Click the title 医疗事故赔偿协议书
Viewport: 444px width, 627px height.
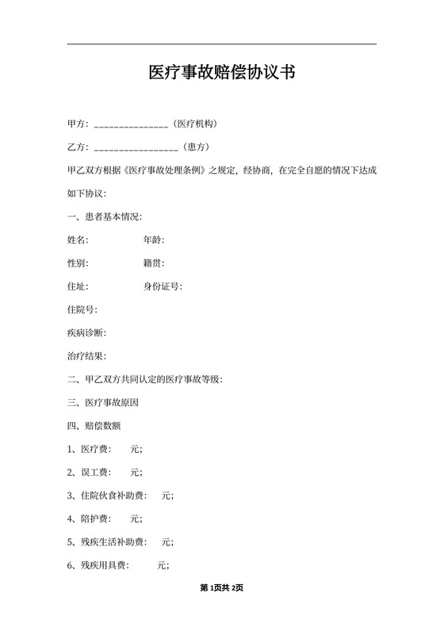point(222,74)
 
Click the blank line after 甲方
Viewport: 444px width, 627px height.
point(131,125)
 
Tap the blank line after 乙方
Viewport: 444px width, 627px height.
point(136,148)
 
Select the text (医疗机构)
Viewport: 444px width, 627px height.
point(195,124)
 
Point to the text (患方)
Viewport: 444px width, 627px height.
point(197,147)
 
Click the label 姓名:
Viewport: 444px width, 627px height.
point(78,240)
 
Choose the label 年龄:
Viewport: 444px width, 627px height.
point(154,240)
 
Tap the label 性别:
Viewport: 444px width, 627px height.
point(78,264)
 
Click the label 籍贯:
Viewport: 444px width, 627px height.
point(154,264)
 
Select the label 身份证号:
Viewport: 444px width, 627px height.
point(163,287)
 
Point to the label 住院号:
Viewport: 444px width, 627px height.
point(83,310)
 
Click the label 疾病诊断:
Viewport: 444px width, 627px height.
point(87,333)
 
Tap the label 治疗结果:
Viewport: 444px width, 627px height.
point(87,357)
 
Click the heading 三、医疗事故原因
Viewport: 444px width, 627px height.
point(103,403)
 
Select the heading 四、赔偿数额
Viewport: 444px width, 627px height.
point(94,426)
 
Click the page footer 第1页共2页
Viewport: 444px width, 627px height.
point(221,587)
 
